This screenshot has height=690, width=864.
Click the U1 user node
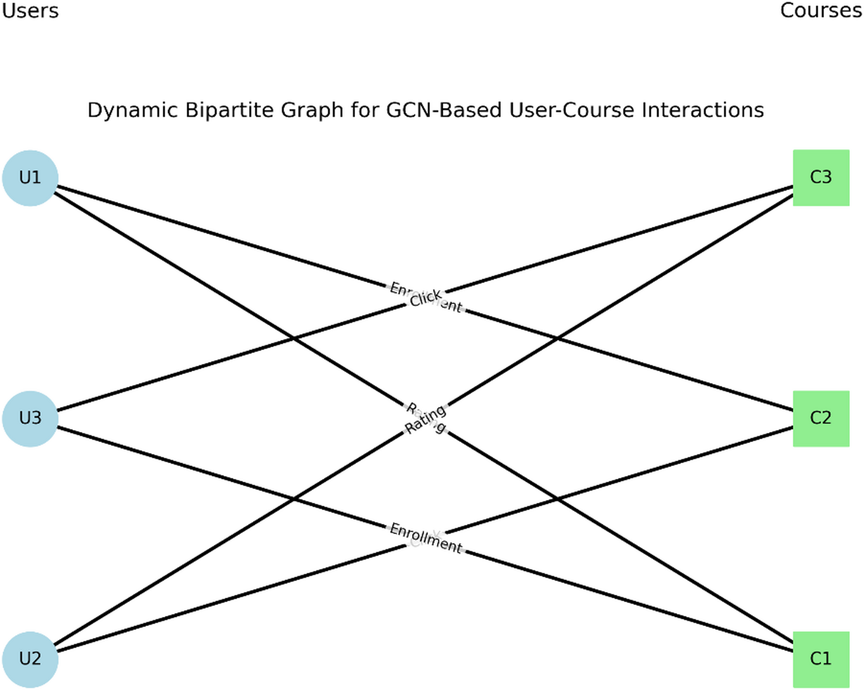pos(30,178)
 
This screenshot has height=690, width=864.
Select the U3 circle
pos(30,419)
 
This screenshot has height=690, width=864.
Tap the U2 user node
pos(30,659)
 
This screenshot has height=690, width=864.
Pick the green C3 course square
pos(820,178)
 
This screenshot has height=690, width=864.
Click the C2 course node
pos(820,419)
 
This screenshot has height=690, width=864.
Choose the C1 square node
pos(820,659)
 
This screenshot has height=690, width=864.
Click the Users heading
pos(30,11)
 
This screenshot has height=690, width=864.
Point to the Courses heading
pos(820,11)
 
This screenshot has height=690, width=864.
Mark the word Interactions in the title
pos(707,110)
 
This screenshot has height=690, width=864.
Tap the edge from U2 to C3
pos(211,549)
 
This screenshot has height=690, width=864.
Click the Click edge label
pos(425,298)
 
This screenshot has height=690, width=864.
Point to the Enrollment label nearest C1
pos(425,538)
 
